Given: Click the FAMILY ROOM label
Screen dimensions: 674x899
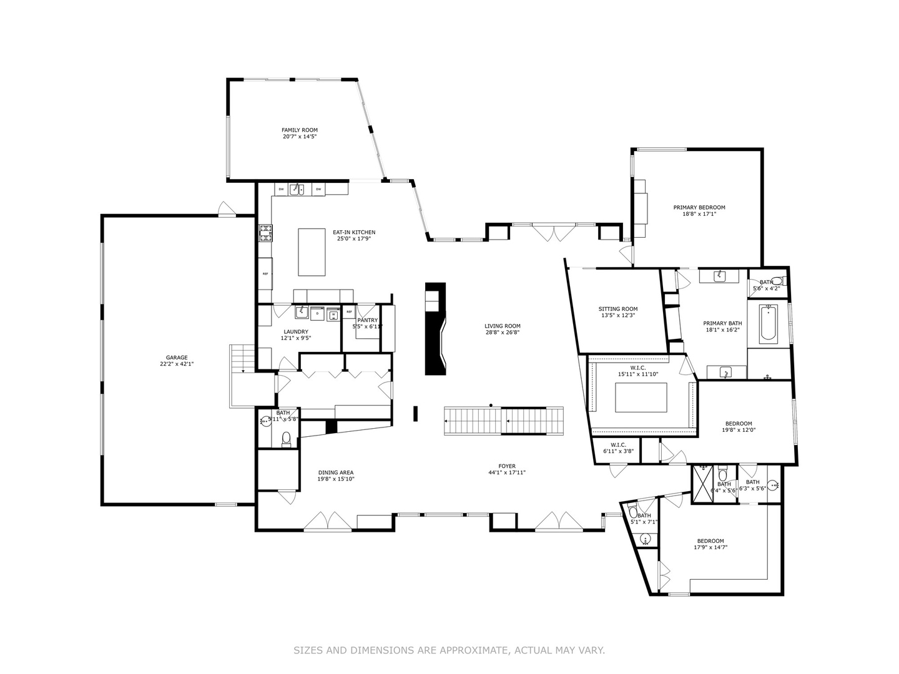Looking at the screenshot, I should click(300, 130).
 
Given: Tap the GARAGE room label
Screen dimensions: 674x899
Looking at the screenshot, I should click(177, 358).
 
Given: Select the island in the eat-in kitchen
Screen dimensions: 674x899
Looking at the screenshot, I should click(312, 252).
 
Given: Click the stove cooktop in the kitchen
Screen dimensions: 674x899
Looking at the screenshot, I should click(266, 233).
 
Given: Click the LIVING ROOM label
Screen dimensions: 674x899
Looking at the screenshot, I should click(503, 326).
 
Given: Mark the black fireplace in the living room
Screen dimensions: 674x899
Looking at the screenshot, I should click(435, 329).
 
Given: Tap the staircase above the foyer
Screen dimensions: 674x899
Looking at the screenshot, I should click(503, 421).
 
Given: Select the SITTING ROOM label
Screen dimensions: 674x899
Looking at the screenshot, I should click(618, 309).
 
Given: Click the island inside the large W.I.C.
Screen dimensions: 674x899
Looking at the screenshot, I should click(641, 398).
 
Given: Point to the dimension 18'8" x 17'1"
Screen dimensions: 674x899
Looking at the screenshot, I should click(699, 214).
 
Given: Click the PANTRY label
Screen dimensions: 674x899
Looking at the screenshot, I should click(368, 320).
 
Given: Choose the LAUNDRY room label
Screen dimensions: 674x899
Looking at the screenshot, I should click(296, 331).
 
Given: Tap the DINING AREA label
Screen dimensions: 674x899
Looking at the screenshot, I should click(336, 472).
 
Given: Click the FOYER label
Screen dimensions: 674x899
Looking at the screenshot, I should click(507, 466).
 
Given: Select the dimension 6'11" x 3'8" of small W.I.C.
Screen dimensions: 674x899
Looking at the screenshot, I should click(618, 451).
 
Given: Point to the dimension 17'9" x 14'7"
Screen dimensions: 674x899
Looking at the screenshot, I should click(710, 547).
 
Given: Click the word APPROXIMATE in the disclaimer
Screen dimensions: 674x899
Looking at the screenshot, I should click(474, 650).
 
